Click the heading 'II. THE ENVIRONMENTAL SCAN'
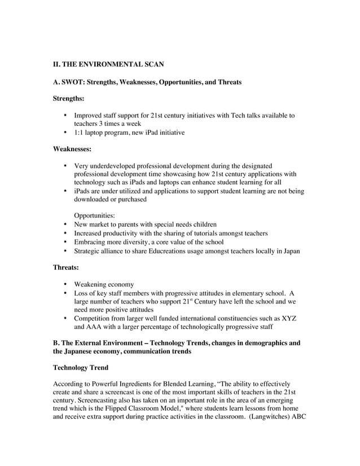108,65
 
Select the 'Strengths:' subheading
68,99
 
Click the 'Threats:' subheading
65,268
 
